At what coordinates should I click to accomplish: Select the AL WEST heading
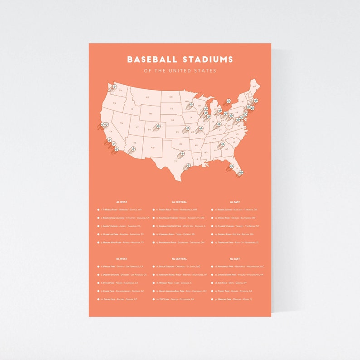[122, 202]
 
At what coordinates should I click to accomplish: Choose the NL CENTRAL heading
[179, 258]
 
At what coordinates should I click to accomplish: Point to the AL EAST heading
[235, 202]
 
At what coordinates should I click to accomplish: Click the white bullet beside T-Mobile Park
[98, 210]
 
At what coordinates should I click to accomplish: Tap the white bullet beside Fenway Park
[212, 234]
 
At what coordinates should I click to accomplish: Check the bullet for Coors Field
[98, 299]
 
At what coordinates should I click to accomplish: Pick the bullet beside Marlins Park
[212, 299]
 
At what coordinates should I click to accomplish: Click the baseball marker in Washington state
[114, 86]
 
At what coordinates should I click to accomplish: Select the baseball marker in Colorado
[158, 126]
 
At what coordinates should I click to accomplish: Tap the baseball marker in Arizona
[134, 148]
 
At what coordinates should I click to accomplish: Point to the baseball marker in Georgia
[222, 145]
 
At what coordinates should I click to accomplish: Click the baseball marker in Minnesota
[191, 104]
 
